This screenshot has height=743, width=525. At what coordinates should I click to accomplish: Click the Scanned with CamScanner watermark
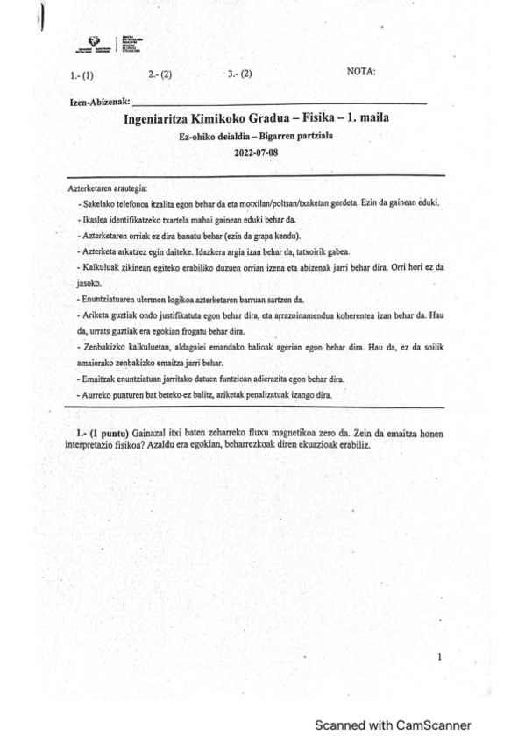(x=393, y=725)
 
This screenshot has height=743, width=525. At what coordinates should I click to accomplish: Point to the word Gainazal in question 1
(x=150, y=434)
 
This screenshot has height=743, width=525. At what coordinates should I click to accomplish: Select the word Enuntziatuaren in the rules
(x=109, y=299)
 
